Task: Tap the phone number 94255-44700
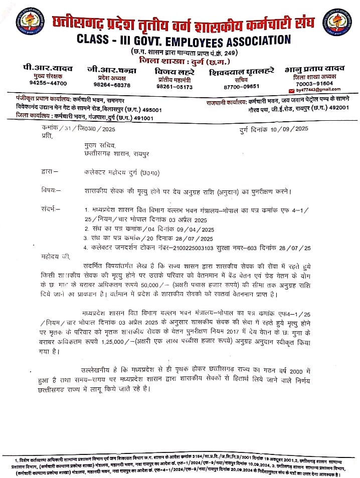(x=48, y=83)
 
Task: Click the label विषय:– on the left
(x=52, y=191)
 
